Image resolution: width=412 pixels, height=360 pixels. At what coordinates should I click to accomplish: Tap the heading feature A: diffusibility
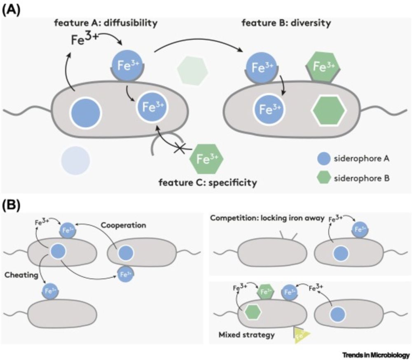105,24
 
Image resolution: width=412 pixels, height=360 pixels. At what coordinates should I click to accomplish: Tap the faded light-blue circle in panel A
75,161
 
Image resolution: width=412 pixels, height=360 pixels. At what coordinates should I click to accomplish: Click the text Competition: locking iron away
266,218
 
